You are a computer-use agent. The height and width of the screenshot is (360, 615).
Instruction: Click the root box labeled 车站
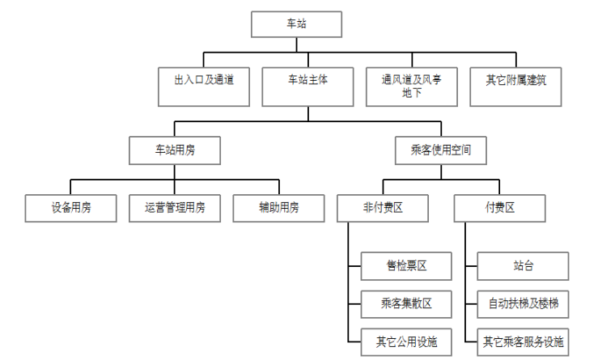point(297,24)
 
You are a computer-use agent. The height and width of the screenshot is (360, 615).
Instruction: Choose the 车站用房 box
point(175,150)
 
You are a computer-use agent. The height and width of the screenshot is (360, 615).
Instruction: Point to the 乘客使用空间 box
point(441,150)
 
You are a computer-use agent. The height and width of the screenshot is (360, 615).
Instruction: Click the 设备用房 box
point(70,208)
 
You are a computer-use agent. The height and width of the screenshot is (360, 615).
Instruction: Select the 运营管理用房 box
point(175,208)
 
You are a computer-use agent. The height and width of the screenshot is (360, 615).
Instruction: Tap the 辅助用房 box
point(279,208)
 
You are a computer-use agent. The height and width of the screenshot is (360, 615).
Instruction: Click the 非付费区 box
point(383,208)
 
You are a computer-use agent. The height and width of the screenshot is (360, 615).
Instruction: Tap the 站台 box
point(523,265)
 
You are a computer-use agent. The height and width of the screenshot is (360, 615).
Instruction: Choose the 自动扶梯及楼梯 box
point(523,304)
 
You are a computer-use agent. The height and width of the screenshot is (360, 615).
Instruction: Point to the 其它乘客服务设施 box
point(523,341)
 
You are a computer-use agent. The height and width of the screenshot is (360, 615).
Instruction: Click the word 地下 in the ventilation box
point(411,94)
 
